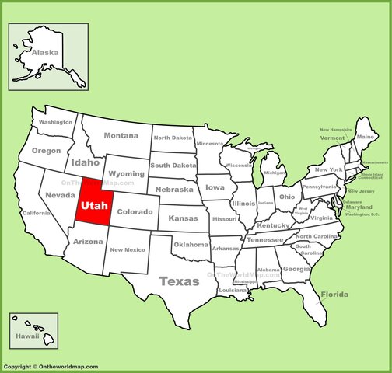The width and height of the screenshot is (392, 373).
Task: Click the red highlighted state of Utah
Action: tap(93, 206)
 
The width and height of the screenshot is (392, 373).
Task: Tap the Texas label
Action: tap(179, 281)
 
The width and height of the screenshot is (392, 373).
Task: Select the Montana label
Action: tap(121, 135)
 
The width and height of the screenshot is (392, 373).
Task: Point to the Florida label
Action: tap(334, 295)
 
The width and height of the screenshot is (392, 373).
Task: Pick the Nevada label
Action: tap(60, 195)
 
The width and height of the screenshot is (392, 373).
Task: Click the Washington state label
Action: tap(55, 122)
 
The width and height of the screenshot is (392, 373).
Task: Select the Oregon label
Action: tap(46, 150)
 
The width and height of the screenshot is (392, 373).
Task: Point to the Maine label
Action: tap(366, 137)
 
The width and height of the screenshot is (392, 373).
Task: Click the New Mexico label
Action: tap(128, 249)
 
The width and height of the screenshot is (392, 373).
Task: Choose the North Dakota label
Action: tap(172, 138)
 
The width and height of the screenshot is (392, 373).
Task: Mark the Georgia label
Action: tap(296, 269)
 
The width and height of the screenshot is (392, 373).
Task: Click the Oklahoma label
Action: tap(191, 244)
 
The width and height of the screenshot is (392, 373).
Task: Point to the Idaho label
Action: tap(85, 162)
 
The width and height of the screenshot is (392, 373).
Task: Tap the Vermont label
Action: tap(332, 138)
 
